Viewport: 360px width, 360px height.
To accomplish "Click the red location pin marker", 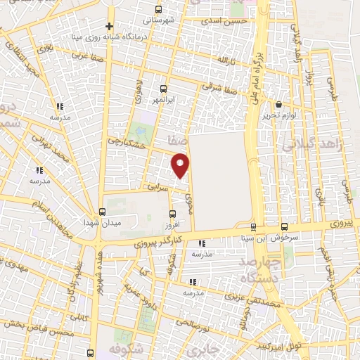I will pyautogui.click(x=181, y=166).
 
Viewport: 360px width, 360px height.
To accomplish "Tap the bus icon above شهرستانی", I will pyautogui.click(x=158, y=11).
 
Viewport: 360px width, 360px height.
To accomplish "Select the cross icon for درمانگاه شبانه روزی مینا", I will pyautogui.click(x=110, y=26).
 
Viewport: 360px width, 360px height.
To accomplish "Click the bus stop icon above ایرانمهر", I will pyautogui.click(x=163, y=89).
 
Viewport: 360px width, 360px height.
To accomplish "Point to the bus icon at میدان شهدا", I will pyautogui.click(x=102, y=212).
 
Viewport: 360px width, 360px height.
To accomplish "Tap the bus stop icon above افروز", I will pyautogui.click(x=173, y=214).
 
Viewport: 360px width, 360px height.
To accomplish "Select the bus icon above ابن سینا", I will pyautogui.click(x=254, y=226).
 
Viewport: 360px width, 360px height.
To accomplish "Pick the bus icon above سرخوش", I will pyautogui.click(x=284, y=226).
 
